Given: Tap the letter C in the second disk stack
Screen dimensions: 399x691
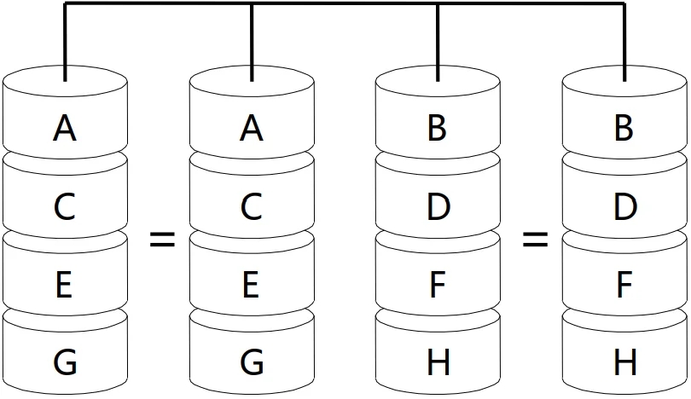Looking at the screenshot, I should tap(251, 207).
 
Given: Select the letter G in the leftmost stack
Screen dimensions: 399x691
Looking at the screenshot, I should tap(65, 363).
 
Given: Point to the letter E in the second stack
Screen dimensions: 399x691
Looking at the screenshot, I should tap(251, 286).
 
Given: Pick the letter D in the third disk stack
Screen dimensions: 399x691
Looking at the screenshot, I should tap(438, 207).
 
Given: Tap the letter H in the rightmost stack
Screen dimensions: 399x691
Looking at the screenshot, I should tap(625, 363).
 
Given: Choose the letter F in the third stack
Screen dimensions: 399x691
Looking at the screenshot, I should tap(438, 286).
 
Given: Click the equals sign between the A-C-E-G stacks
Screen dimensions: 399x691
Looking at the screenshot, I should tap(162, 240).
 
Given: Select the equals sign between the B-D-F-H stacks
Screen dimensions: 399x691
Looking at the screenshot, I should tap(535, 240).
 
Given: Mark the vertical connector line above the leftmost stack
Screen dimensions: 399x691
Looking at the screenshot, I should tap(65, 43).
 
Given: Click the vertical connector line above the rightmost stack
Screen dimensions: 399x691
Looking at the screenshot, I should tap(624, 43).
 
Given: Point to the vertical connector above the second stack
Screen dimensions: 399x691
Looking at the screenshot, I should tap(252, 43).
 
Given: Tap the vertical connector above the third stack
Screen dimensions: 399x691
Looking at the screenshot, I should tap(438, 43).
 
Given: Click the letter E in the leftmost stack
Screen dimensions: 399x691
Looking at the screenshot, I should tap(65, 286).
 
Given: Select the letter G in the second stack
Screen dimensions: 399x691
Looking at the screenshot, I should tap(251, 363).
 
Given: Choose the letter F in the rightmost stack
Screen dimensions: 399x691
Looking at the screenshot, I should tap(624, 286).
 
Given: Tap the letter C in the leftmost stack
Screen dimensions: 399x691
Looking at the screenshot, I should tap(65, 207).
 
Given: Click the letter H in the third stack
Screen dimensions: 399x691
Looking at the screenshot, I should tap(438, 363).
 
